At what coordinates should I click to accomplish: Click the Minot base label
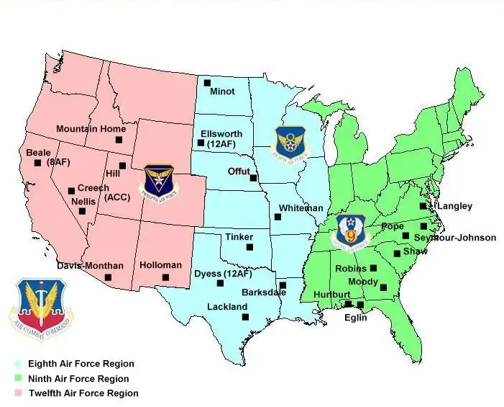click(222, 91)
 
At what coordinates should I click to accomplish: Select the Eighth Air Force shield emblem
click(290, 142)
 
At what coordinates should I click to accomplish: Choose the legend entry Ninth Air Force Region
click(78, 379)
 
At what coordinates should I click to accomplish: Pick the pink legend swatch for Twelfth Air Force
click(19, 393)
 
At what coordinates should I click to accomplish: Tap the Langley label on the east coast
click(454, 206)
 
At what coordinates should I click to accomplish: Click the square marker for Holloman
click(165, 277)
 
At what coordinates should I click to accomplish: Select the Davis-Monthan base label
click(90, 266)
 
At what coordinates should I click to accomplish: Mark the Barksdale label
click(264, 292)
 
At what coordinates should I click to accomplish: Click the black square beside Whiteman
click(278, 217)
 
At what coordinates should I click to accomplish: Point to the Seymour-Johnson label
click(455, 238)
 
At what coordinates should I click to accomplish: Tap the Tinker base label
click(239, 237)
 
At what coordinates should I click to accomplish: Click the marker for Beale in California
click(37, 163)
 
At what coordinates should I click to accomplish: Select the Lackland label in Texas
click(227, 307)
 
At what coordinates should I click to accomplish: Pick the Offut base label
click(239, 171)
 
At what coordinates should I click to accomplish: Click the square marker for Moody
click(383, 288)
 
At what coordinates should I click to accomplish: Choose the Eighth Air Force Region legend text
click(81, 364)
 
